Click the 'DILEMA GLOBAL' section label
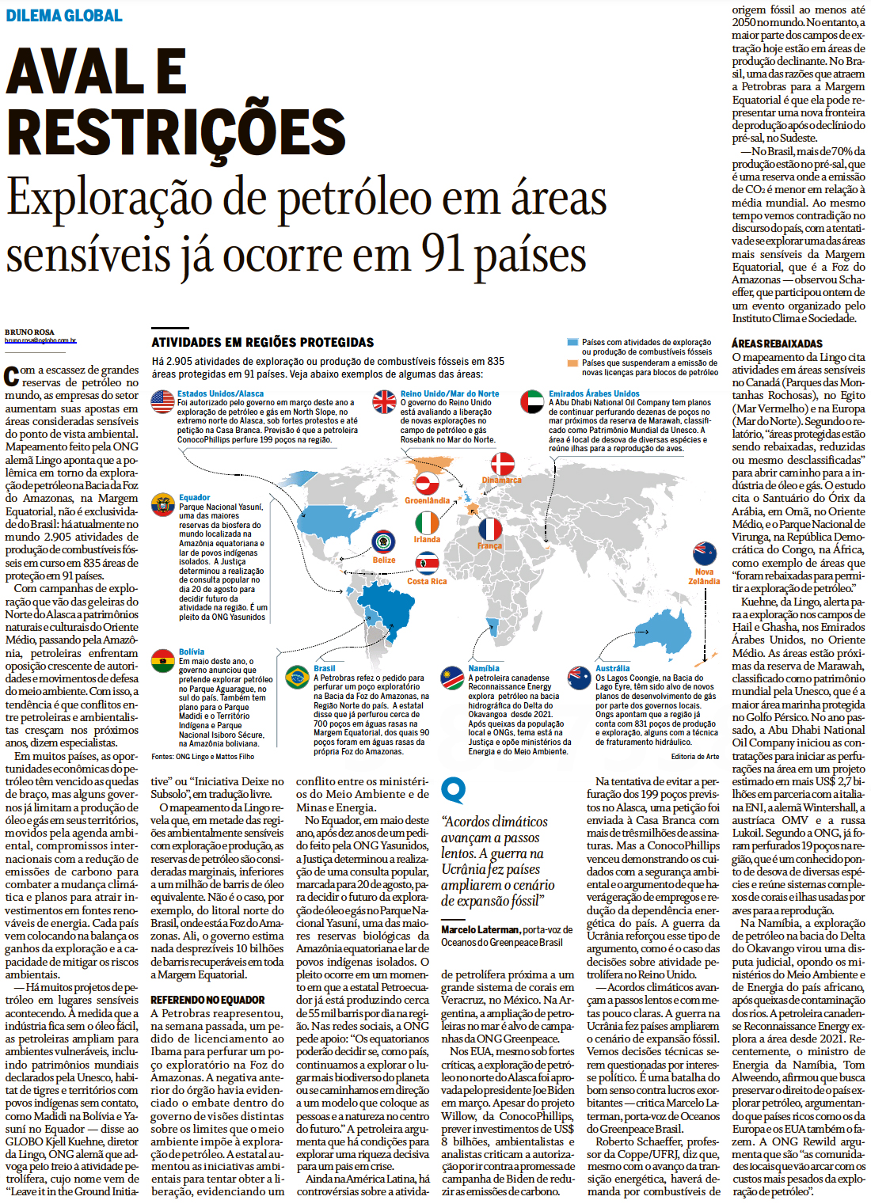[x=64, y=15]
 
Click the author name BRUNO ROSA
[x=29, y=332]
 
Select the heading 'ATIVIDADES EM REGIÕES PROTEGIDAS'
[x=263, y=342]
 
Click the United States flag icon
[x=162, y=401]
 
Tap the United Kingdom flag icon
[x=385, y=401]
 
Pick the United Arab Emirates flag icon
[x=532, y=401]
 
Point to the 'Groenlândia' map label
[x=427, y=500]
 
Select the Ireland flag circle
[x=427, y=522]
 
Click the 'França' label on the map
[x=489, y=546]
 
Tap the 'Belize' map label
[x=384, y=560]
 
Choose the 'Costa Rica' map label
[x=427, y=581]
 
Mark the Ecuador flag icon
[x=162, y=505]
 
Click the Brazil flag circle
[x=297, y=677]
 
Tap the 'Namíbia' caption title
[x=484, y=668]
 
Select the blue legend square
[x=572, y=343]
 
